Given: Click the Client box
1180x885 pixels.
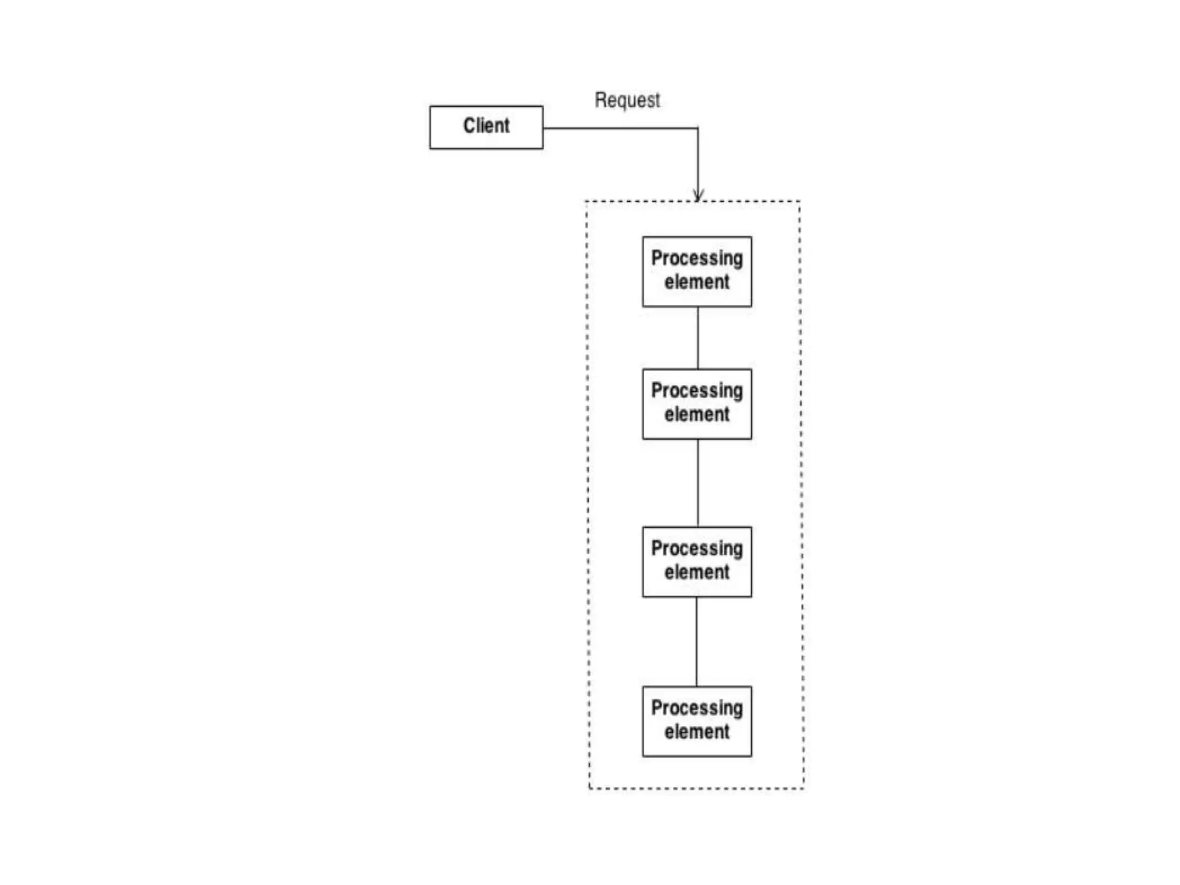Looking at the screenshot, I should (x=486, y=127).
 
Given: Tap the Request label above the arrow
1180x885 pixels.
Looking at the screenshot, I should (x=627, y=100).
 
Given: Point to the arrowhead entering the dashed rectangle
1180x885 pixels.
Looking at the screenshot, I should (x=698, y=196).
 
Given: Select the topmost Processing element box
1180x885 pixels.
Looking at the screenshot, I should (x=697, y=271).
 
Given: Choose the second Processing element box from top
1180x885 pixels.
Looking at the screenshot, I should (x=697, y=404).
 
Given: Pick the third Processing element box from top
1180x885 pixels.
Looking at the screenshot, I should (x=697, y=562).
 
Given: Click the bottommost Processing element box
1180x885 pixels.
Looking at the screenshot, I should (x=697, y=721).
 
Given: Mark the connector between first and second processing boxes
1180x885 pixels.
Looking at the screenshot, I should (x=698, y=338).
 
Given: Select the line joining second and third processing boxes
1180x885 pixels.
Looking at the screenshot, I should (x=698, y=483).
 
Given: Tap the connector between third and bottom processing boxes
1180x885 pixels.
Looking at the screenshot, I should (x=697, y=641).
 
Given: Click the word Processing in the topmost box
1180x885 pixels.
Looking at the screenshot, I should (x=697, y=258).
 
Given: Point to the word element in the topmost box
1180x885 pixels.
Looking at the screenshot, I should (x=697, y=282).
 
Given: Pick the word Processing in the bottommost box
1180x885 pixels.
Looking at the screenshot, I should (x=697, y=708).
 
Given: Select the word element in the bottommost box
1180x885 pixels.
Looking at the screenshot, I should (x=697, y=732).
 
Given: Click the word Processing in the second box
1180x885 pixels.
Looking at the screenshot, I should (x=697, y=391).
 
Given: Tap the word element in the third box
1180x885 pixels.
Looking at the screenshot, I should (x=697, y=573).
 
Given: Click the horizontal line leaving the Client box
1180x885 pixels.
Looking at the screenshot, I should (x=619, y=128).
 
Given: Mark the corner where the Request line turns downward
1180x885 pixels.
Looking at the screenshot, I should (x=698, y=128).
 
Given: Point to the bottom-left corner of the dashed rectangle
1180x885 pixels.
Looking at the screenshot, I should (x=589, y=788).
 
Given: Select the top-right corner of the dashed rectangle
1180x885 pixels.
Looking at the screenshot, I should (x=799, y=202).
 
